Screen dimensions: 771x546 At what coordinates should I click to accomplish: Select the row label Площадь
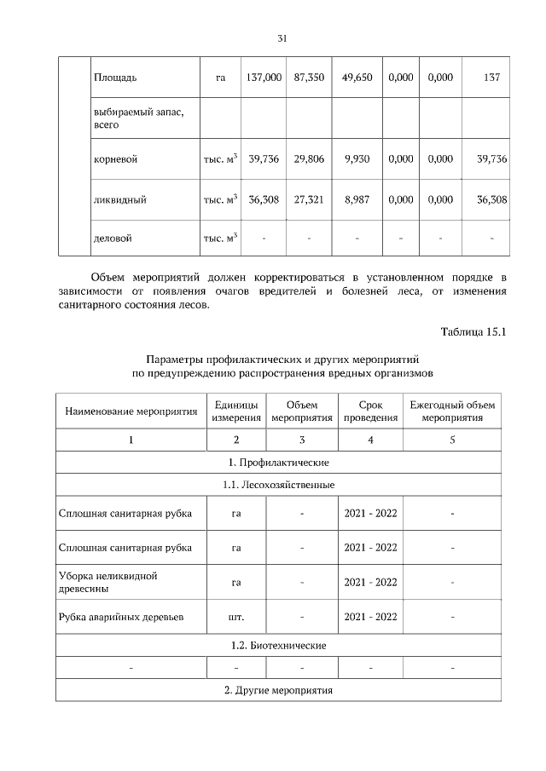tap(114, 78)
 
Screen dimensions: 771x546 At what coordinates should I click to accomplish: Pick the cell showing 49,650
tap(357, 78)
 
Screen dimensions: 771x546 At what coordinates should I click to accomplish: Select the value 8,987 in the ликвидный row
tap(357, 200)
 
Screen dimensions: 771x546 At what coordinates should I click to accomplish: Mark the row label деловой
tap(113, 239)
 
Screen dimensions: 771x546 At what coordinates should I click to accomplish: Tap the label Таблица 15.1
tap(473, 331)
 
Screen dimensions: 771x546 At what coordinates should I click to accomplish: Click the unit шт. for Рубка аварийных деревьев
tap(236, 616)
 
